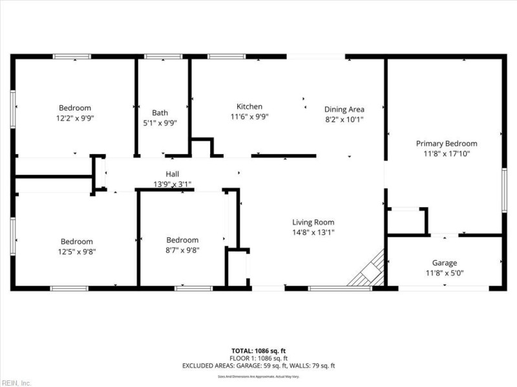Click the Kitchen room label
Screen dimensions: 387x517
point(249,106)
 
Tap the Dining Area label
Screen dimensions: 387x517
point(344,109)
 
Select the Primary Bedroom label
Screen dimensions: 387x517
point(446,143)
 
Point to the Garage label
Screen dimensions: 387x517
point(445,263)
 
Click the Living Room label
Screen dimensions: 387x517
point(313,222)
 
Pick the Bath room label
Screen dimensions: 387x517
point(160,112)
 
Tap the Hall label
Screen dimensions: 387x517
point(172,174)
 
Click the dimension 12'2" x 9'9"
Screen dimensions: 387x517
point(75,118)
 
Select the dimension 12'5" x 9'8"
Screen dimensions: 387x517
point(77,252)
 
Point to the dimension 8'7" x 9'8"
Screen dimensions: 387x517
point(182,250)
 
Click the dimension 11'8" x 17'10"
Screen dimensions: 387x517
point(447,154)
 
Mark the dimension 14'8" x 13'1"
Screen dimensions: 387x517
point(313,232)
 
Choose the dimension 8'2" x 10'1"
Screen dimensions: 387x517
point(344,119)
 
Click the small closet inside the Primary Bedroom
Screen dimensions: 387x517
point(406,221)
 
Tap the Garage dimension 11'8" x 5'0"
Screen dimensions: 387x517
point(445,273)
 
